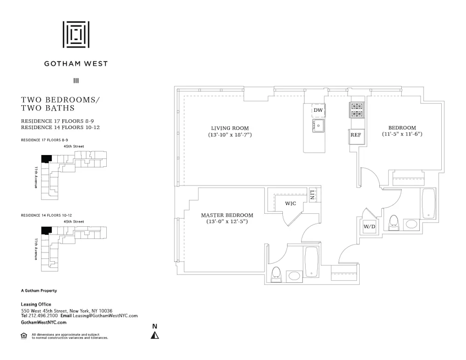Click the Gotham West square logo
click(76, 34)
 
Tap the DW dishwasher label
click(318, 110)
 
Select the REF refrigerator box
click(356, 135)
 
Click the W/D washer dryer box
click(370, 226)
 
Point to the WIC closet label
click(291, 204)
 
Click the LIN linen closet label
click(312, 195)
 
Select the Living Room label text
click(230, 128)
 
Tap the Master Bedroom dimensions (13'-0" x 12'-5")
click(227, 222)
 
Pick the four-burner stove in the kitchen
click(357, 110)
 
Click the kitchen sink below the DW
click(318, 125)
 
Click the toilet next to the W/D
click(394, 222)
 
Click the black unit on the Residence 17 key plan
click(46, 159)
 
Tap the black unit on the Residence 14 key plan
click(46, 230)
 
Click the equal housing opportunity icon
click(23, 335)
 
